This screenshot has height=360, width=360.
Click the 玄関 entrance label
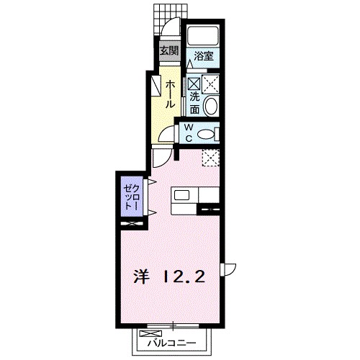pos(169,51)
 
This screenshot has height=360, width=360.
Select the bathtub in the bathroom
pos(204,35)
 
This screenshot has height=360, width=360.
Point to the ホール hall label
pos(169,94)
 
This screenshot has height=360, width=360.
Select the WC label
pos(188,133)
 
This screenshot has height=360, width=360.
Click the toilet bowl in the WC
pos(207,133)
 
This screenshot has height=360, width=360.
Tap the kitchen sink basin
pos(181,195)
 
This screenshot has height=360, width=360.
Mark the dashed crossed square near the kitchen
pos(210,156)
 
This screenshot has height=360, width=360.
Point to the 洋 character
pos(140,276)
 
